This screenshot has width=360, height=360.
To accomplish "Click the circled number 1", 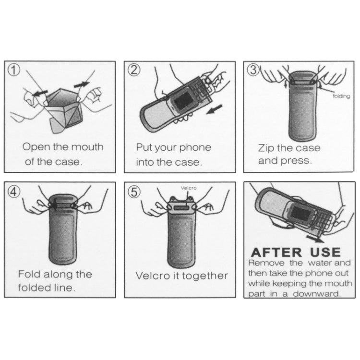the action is (x=14, y=70).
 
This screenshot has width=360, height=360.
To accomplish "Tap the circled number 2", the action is (x=134, y=70).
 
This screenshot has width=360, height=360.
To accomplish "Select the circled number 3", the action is (x=253, y=70).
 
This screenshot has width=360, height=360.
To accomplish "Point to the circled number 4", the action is (x=14, y=191).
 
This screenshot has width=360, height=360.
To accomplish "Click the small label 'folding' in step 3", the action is (x=341, y=96).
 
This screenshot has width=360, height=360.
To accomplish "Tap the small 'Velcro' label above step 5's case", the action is (x=189, y=188).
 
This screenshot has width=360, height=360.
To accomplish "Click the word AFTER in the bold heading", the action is (x=276, y=252).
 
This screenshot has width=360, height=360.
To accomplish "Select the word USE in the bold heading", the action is (x=325, y=252).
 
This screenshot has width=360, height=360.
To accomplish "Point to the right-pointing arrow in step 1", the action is (x=82, y=84).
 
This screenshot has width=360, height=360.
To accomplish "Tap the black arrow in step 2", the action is (x=215, y=109).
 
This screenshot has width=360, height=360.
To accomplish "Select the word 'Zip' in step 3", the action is (x=266, y=148).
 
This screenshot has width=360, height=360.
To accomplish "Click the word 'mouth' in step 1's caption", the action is (x=90, y=147).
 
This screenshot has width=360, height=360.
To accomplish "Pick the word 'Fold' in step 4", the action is (x=29, y=274).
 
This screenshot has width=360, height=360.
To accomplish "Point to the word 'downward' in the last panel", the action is (x=317, y=294).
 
